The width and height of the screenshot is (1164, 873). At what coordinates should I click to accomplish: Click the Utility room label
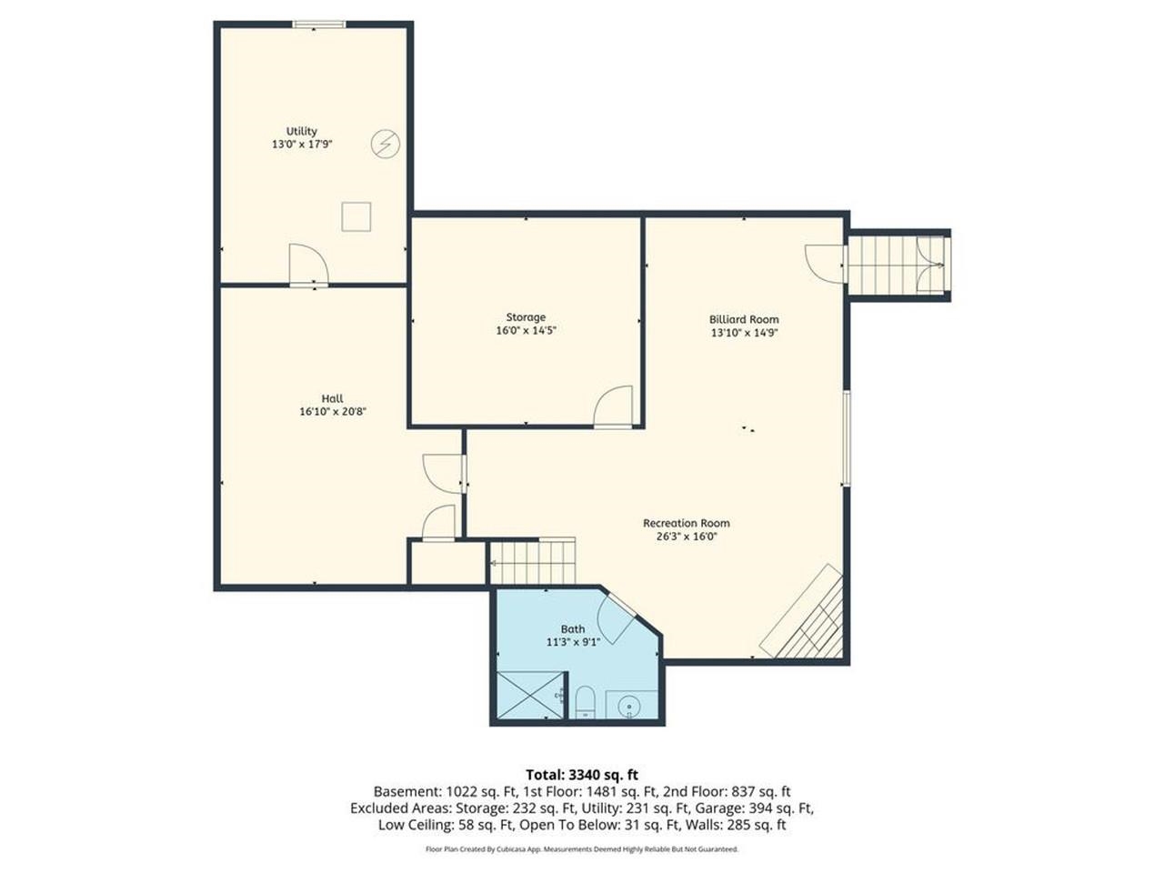[x=301, y=131]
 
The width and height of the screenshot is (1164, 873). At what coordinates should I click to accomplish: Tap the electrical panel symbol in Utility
[x=384, y=144]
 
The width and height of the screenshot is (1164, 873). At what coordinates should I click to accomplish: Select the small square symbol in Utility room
[x=356, y=216]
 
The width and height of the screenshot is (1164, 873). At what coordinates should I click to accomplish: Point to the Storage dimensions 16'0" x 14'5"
[x=526, y=331]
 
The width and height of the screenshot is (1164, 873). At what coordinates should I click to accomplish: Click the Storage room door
[x=613, y=406]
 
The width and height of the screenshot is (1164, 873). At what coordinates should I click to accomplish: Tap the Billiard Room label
[x=744, y=319]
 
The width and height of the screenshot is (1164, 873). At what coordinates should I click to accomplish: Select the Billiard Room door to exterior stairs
[x=825, y=263]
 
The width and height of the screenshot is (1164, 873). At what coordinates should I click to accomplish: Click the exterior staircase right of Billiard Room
[x=896, y=264]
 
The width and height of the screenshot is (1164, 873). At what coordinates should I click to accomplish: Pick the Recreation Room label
[x=686, y=523]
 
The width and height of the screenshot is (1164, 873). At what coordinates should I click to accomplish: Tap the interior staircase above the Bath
[x=533, y=562]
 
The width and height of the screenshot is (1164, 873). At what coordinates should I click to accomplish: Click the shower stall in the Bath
[x=528, y=696]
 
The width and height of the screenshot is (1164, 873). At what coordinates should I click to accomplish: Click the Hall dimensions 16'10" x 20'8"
[x=332, y=412]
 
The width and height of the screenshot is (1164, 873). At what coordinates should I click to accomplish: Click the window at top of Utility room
[x=318, y=25]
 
